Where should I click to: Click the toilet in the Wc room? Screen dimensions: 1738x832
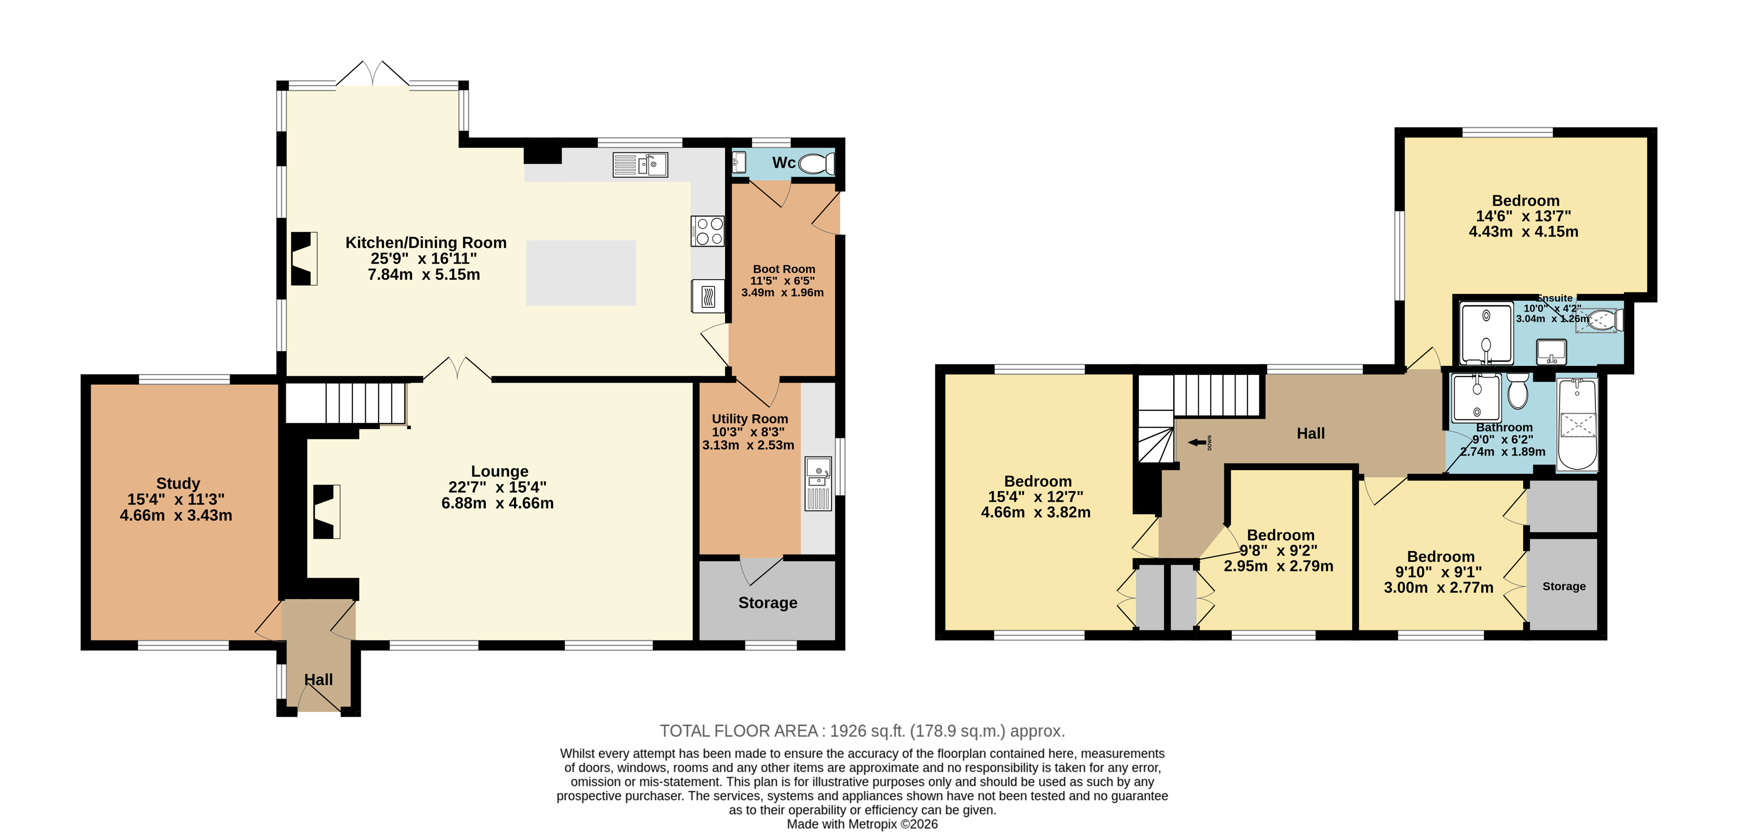(817, 164)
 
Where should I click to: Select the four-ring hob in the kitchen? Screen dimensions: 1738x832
(707, 231)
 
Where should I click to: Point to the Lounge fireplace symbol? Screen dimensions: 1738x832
(327, 511)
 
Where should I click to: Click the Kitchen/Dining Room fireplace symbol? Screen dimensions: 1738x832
(304, 258)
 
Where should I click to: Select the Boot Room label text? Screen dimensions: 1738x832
(784, 269)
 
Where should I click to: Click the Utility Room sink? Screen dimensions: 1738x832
(818, 483)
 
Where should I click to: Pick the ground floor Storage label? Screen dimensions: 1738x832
(768, 603)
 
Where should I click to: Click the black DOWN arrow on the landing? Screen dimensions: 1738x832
(1197, 443)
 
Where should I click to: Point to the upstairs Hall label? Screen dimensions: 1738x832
(1310, 433)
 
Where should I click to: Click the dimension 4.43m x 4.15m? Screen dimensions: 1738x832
(1524, 232)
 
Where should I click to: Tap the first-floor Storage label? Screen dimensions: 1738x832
(1564, 587)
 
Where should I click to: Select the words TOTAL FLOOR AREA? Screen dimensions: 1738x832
(738, 731)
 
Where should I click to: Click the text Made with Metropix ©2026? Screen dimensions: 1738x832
(862, 824)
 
